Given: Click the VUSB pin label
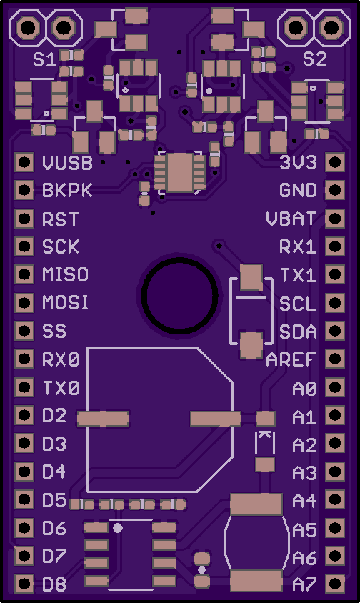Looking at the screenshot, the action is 68,163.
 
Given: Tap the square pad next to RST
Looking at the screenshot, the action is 24,219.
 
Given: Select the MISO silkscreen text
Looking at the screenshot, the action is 66,274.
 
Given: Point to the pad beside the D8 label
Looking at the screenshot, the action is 24,584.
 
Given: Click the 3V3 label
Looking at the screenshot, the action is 299,163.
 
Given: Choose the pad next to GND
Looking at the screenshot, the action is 334,190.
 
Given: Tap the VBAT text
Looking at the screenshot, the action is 291,219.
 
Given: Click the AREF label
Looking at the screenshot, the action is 291,359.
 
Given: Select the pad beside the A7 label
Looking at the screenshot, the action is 334,584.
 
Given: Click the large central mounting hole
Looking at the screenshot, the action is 179,294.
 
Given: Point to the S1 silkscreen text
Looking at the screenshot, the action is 44,59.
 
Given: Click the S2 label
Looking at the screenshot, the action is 314,59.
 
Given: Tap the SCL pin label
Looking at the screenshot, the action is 298,304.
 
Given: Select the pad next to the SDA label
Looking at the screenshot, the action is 334,331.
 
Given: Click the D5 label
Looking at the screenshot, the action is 54,500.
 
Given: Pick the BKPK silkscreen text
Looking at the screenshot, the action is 68,190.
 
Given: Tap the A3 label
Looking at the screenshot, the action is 304,473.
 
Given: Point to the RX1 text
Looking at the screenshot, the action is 298,247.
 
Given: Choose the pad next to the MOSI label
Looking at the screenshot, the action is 24,303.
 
